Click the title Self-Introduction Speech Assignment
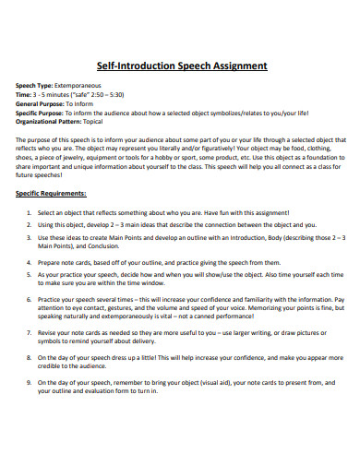click(181, 66)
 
